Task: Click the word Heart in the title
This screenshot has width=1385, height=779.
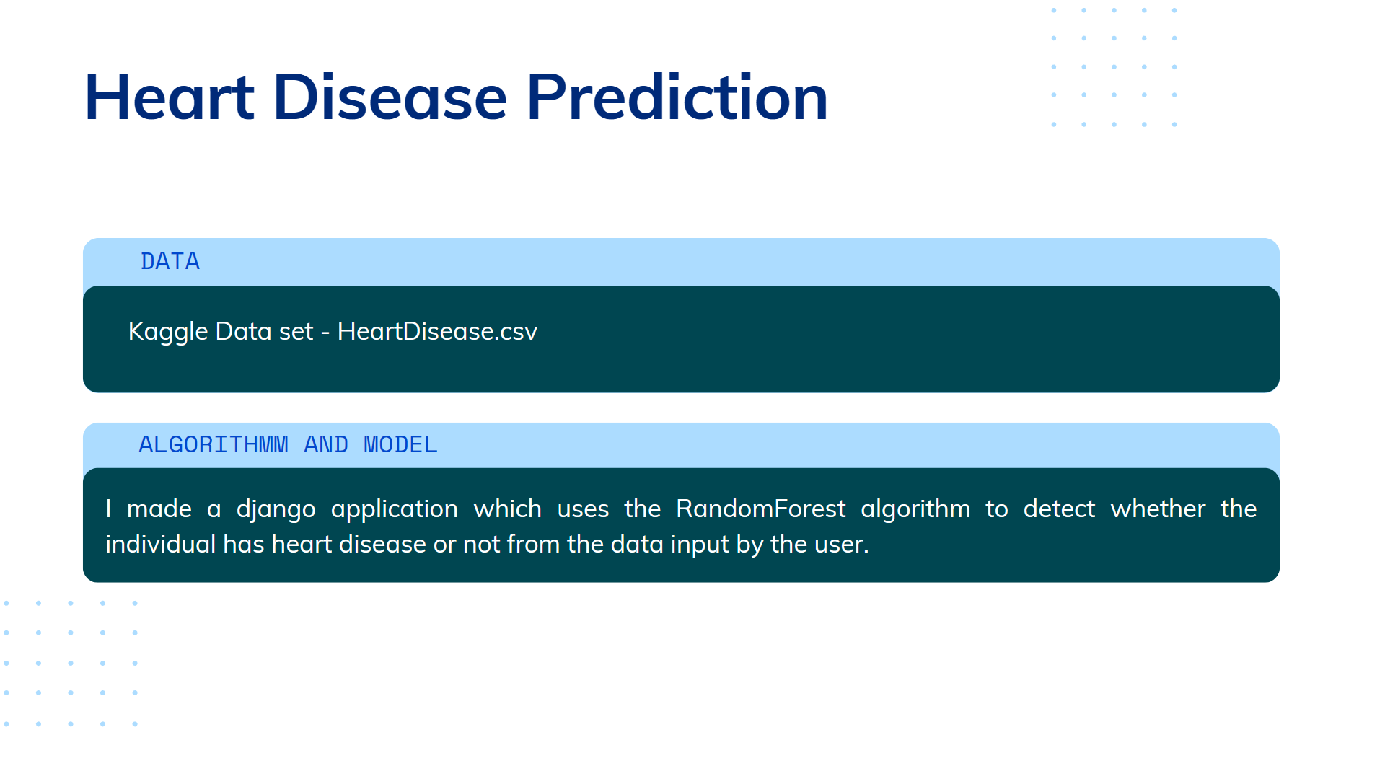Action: pos(170,97)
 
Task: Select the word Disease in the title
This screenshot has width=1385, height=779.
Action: pos(390,97)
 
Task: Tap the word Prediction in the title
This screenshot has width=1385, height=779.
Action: pos(677,97)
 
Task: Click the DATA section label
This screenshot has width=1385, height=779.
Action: pos(170,261)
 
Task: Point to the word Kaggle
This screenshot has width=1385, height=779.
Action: pos(168,332)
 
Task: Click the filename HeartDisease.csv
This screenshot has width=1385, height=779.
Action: pos(437,331)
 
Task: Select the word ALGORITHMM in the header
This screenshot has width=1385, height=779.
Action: pos(214,444)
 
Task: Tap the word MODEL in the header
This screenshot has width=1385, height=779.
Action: pos(400,444)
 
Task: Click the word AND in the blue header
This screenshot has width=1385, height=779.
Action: pos(326,444)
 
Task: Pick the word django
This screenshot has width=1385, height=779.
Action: pos(276,510)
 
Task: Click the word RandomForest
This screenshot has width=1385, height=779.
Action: pos(760,509)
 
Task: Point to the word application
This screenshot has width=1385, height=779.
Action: pos(395,510)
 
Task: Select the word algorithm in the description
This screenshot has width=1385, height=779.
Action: pos(915,510)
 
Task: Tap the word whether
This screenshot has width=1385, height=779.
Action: pos(1158,509)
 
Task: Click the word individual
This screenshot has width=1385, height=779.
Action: pos(160,544)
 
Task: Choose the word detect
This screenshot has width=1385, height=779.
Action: pos(1059,509)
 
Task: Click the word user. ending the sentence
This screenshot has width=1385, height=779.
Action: pos(842,545)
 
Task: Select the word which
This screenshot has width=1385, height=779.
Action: pos(507,509)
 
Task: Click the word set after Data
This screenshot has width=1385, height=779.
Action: pos(296,332)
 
